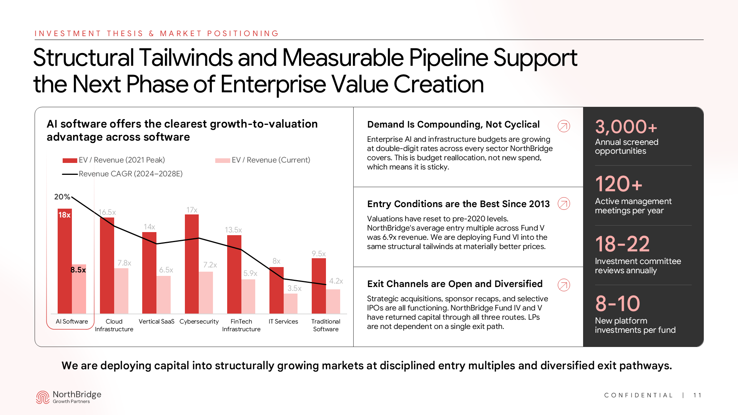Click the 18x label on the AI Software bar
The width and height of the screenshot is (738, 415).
[65, 215]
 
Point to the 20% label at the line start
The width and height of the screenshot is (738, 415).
[62, 197]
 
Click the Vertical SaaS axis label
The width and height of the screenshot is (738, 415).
[156, 321]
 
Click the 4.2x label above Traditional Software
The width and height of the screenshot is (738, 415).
[336, 281]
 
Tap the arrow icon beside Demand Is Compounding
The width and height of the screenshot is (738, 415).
[564, 126]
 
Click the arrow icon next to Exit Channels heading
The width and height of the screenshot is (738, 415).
[564, 285]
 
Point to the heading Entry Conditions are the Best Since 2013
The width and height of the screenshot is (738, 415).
[458, 204]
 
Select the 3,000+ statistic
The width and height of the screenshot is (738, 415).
[626, 127]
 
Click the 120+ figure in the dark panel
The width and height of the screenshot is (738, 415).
[618, 184]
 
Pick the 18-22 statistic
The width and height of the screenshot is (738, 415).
[622, 244]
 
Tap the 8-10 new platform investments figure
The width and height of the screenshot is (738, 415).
[617, 304]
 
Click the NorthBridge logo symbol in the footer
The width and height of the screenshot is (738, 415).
[43, 397]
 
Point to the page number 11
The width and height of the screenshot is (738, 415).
[697, 395]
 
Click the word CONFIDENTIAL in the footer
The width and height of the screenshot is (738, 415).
[638, 395]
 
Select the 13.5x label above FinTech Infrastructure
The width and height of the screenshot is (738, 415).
[233, 230]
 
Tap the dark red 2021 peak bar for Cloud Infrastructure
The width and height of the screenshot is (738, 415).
[107, 265]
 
